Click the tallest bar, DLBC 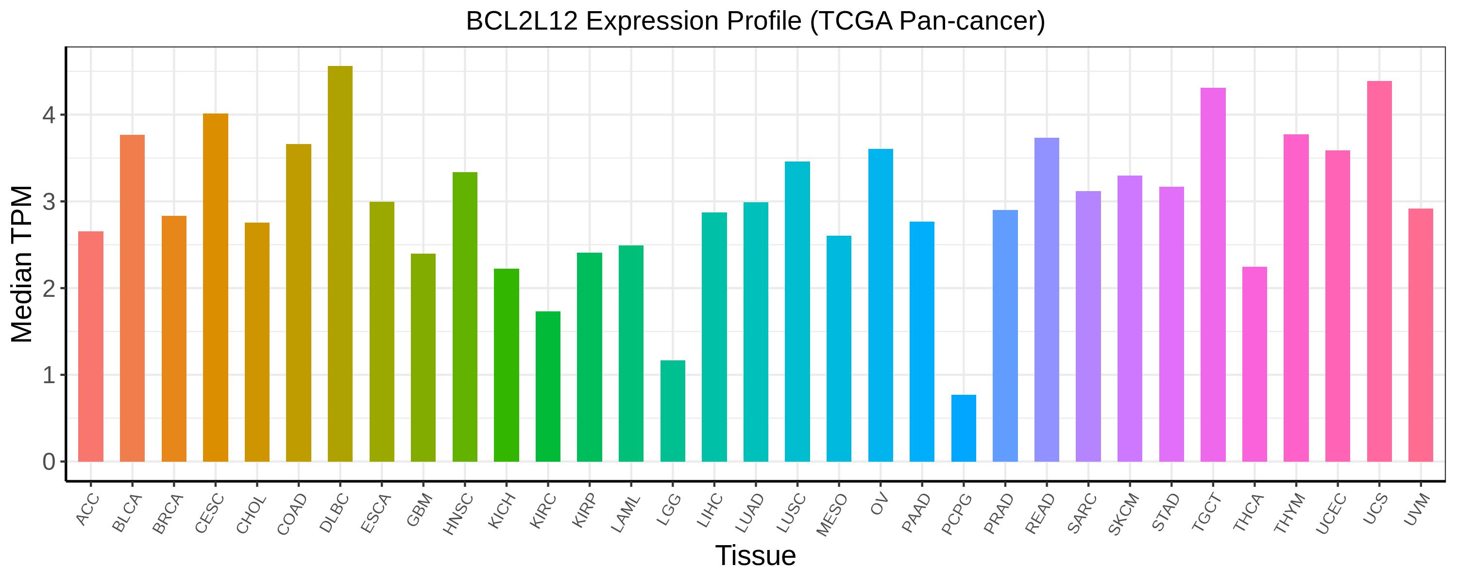(340, 264)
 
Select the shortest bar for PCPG (963, 428)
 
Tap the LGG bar (673, 411)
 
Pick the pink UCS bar (1379, 271)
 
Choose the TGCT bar (1213, 275)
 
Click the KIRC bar (547, 387)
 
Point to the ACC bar (90, 346)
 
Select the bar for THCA (1254, 364)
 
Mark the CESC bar (216, 288)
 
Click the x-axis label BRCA (169, 514)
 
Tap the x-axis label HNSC (459, 514)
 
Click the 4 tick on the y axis (49, 115)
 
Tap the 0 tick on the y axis (49, 462)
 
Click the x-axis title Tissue (755, 555)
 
